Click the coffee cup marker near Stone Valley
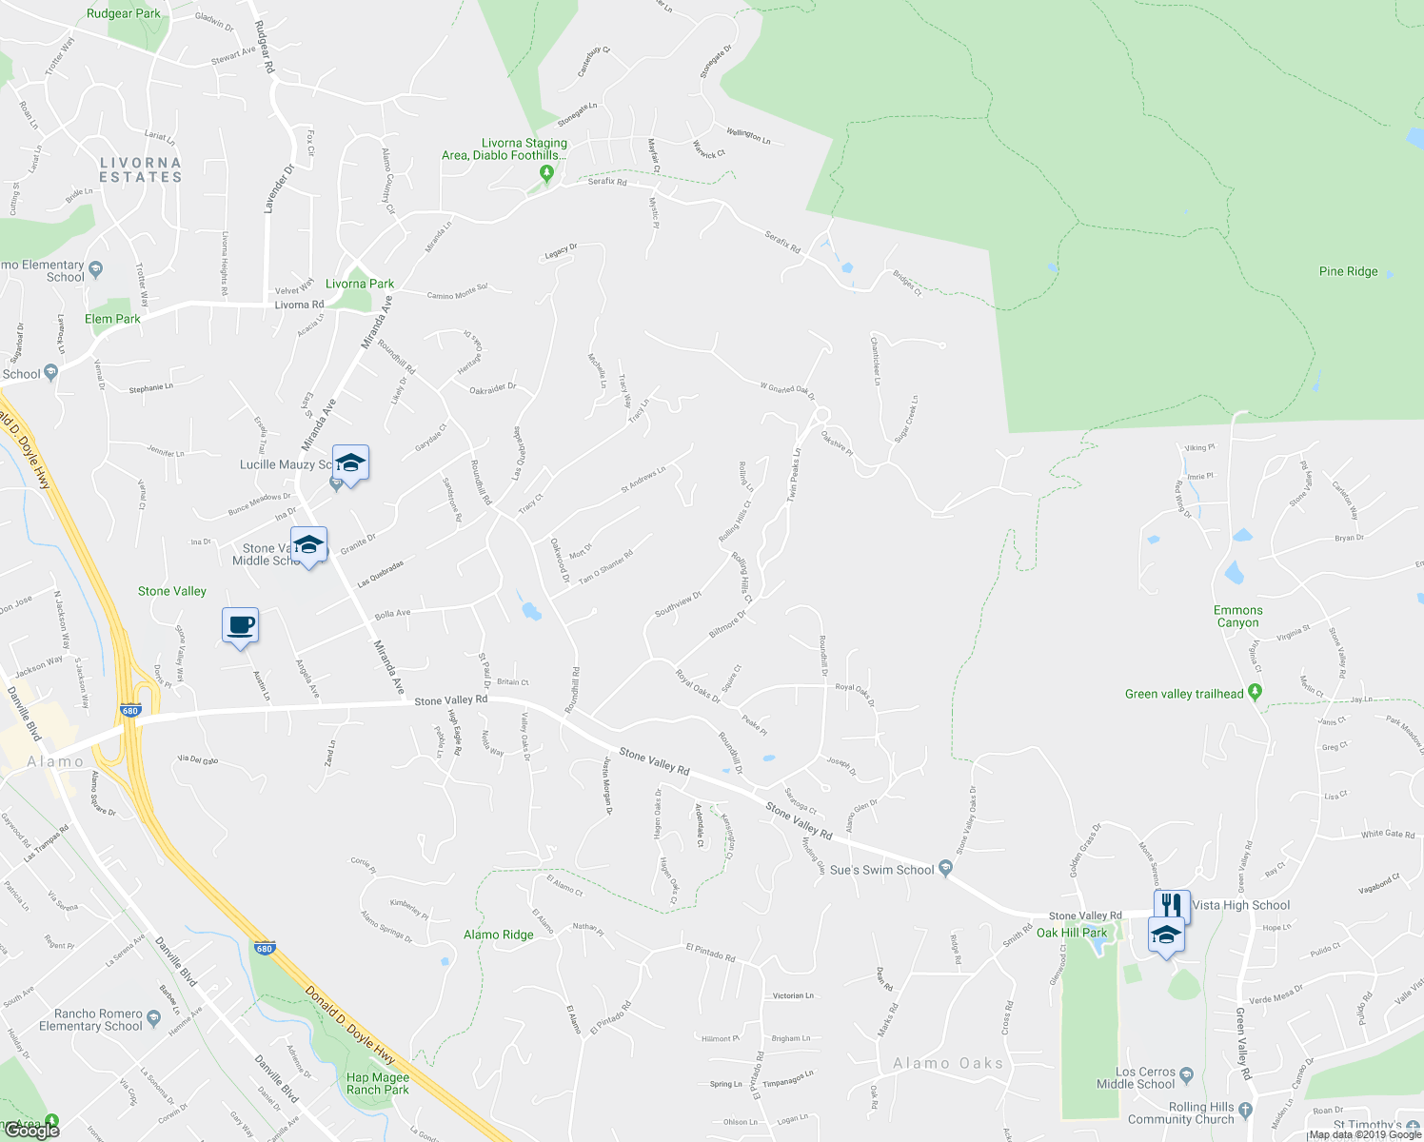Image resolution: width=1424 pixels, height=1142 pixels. tap(240, 625)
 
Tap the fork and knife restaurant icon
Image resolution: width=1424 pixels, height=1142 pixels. tap(1172, 904)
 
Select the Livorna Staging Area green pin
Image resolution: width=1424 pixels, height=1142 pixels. tap(546, 173)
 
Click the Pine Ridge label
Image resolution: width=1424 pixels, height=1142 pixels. tap(1348, 271)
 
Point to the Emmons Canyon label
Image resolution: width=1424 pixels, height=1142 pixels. tap(1237, 617)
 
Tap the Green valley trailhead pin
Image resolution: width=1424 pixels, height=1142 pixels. tap(1255, 693)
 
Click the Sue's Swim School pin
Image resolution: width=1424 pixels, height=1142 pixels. tap(945, 868)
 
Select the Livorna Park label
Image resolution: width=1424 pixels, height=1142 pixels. tap(360, 284)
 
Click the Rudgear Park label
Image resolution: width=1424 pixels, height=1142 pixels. tap(123, 13)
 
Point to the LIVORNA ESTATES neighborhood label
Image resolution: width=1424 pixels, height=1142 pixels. tap(140, 170)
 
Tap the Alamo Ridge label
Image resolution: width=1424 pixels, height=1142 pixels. tap(498, 935)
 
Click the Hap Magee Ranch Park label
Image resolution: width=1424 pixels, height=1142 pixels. tap(378, 1084)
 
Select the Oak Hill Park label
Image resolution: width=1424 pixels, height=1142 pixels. tap(1072, 933)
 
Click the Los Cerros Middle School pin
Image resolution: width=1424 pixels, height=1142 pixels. tap(1186, 1076)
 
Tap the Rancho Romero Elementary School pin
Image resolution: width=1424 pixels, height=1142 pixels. tap(154, 1018)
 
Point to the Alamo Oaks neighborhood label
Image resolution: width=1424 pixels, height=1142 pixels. tap(948, 1063)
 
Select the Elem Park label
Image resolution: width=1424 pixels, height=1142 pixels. tap(112, 319)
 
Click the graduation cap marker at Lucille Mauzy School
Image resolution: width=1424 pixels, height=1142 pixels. tap(350, 464)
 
